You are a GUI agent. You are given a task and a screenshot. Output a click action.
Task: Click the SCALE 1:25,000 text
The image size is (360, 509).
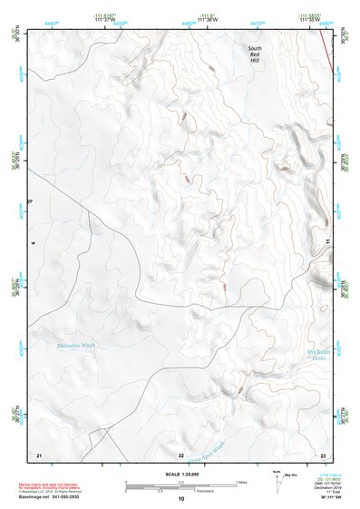[x=181, y=475]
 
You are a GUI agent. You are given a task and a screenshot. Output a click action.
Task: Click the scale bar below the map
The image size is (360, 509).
[x=181, y=483]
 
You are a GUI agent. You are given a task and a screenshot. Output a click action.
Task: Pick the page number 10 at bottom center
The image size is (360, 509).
[x=181, y=498]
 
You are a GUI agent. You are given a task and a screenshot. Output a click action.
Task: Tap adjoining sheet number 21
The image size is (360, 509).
[x=39, y=453]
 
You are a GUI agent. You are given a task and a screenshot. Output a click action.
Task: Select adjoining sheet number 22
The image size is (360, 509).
[x=181, y=454]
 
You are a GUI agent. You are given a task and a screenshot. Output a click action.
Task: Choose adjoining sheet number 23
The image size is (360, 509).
[x=322, y=453]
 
